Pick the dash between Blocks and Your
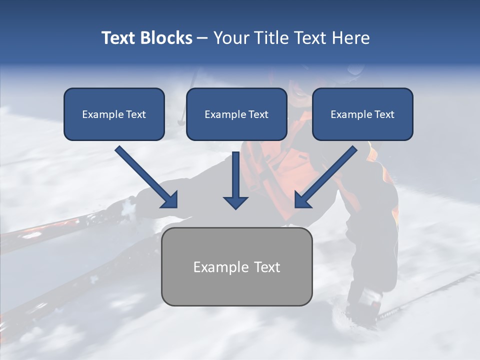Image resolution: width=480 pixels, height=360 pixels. [202, 38]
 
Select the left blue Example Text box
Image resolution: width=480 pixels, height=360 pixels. [114, 114]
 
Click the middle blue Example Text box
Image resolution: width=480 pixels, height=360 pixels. [236, 114]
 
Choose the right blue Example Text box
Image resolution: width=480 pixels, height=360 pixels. [362, 114]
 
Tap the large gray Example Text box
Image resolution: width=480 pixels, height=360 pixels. [236, 266]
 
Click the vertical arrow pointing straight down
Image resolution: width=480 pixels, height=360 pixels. [236, 177]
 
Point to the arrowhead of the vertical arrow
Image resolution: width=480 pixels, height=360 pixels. [236, 202]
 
